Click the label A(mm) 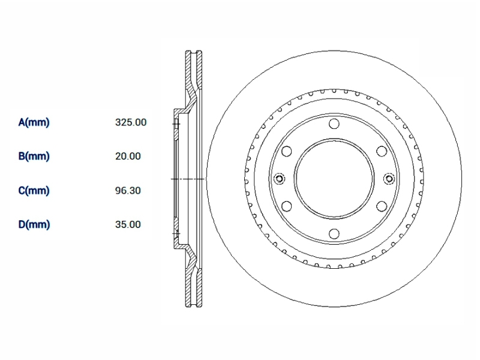[34, 122]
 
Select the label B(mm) [34, 156]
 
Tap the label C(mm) [34, 190]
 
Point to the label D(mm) [34, 224]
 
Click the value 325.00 [131, 122]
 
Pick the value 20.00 [128, 156]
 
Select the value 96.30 [128, 190]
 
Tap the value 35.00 [128, 224]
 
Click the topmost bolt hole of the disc [334, 124]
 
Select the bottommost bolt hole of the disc [334, 234]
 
